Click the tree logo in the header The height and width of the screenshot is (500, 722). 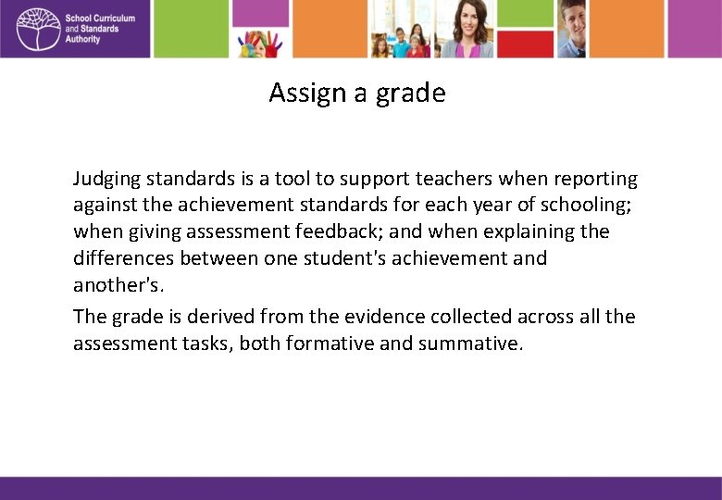tap(36, 29)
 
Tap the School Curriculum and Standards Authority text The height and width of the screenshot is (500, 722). tap(100, 29)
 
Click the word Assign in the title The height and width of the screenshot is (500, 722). tap(299, 94)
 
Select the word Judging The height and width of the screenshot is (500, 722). tap(109, 179)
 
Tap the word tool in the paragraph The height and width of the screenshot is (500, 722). tap(292, 179)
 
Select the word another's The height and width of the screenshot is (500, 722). tap(118, 284)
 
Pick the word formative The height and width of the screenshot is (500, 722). tap(330, 344)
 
